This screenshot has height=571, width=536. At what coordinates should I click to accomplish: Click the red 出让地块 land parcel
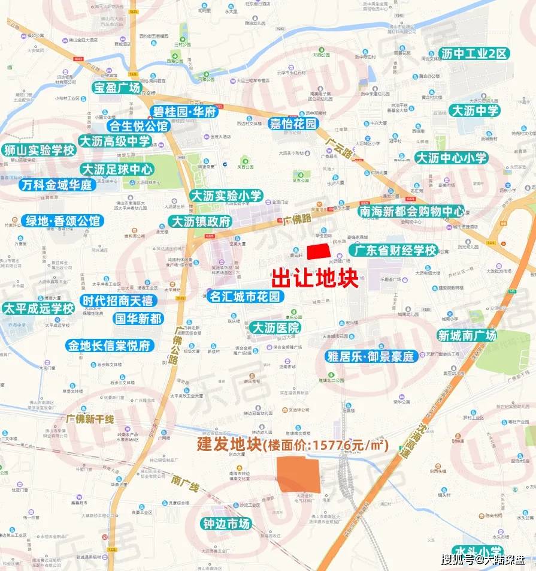(319, 252)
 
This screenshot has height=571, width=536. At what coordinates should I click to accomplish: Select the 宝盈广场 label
(116, 88)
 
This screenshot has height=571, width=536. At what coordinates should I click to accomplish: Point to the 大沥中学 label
(475, 110)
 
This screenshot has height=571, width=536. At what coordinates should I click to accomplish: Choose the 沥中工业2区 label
(474, 53)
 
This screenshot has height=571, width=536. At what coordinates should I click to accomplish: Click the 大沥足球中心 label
(117, 169)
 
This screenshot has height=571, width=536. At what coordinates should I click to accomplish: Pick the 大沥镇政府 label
(201, 221)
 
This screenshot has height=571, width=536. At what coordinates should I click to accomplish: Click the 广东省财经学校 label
(393, 250)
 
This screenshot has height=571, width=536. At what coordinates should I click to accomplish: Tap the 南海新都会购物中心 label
(411, 211)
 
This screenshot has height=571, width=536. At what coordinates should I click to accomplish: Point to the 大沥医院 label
(275, 327)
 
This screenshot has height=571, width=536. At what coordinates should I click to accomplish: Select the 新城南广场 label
(467, 335)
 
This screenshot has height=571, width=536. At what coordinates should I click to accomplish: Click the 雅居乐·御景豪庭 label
(371, 356)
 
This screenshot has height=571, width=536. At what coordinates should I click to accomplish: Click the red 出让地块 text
(315, 278)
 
